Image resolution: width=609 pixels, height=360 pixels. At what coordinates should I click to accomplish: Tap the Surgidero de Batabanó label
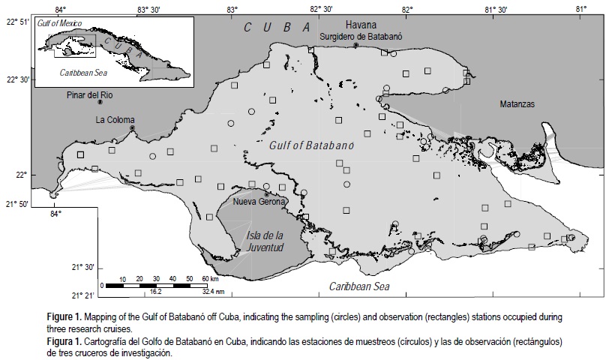pyautogui.click(x=356, y=36)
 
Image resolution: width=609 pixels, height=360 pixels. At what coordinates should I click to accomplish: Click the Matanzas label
pyautogui.click(x=517, y=104)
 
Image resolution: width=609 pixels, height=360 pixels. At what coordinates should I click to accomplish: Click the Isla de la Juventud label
pyautogui.click(x=265, y=241)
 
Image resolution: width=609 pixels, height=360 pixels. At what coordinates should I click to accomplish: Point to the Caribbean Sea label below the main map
pyautogui.click(x=361, y=286)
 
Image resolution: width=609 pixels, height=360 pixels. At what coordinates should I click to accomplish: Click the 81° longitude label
pyautogui.click(x=581, y=8)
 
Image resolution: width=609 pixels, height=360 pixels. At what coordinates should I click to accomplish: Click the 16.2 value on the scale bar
pyautogui.click(x=156, y=292)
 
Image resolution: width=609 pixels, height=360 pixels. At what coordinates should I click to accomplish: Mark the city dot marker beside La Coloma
pyautogui.click(x=132, y=128)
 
